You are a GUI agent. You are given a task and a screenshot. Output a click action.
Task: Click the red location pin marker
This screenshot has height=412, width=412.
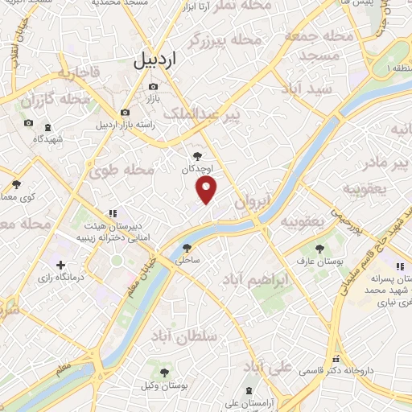(207, 190)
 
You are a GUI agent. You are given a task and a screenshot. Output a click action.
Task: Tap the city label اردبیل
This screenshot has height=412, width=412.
(152, 60)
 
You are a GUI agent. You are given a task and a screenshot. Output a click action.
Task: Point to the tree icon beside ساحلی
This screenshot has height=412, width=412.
(187, 248)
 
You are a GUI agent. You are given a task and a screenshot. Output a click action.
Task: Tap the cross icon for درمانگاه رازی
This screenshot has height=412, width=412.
(60, 265)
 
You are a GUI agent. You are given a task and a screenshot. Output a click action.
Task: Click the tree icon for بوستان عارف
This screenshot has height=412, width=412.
(320, 248)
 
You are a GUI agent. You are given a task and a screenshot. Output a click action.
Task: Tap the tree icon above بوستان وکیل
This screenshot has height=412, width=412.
(164, 373)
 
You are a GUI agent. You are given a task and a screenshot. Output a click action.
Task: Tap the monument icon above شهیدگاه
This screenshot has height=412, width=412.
(47, 126)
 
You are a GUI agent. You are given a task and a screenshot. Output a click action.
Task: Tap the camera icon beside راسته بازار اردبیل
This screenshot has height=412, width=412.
(125, 113)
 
